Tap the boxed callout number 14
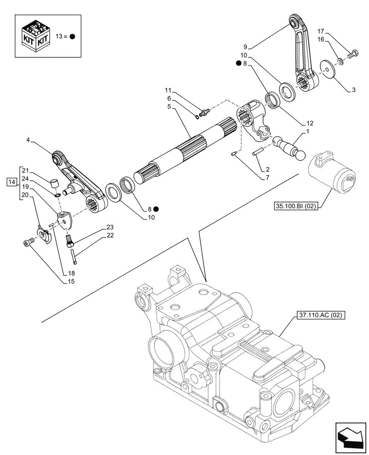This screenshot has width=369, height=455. tap(11, 182)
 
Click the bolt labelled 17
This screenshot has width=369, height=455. tap(352, 56)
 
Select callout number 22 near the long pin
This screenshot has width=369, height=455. tap(110, 235)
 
